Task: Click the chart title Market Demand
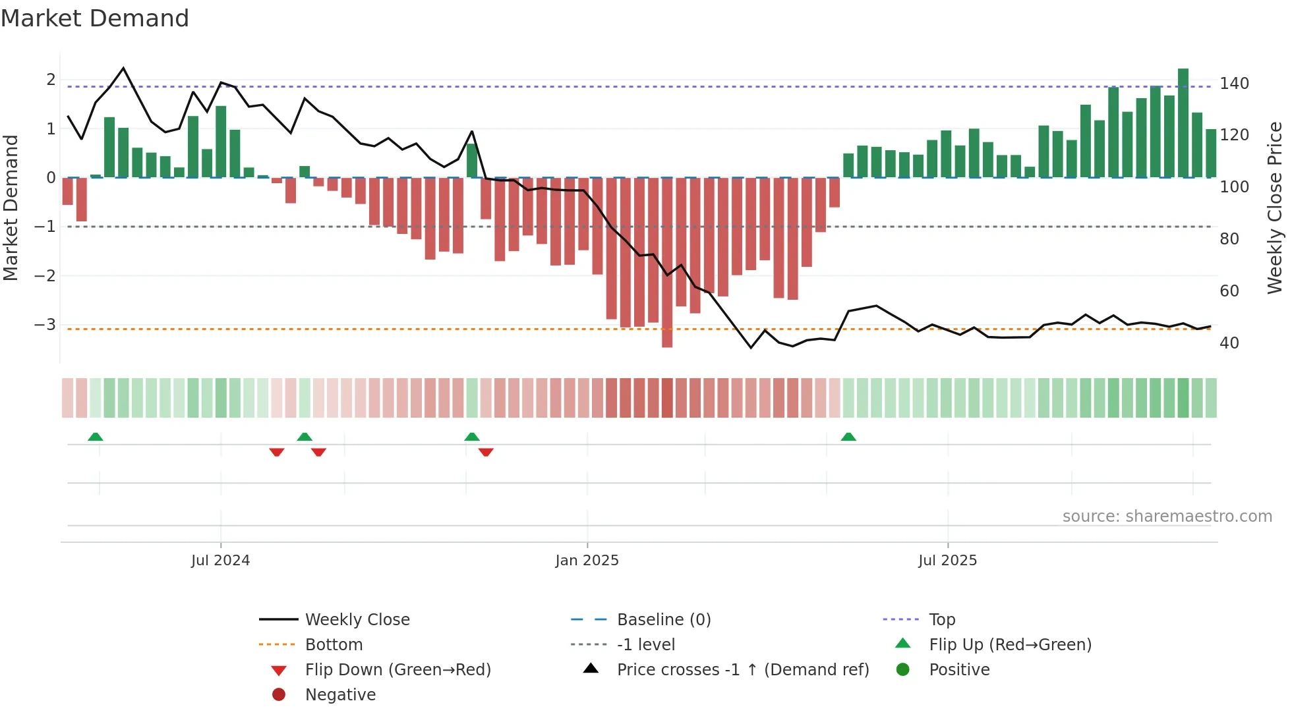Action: click(95, 18)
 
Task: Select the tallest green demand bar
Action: click(1183, 123)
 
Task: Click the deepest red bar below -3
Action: click(667, 264)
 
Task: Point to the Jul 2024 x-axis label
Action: click(220, 561)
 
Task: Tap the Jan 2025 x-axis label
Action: click(587, 561)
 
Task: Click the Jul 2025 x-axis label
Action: click(947, 561)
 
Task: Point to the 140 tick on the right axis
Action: click(1234, 84)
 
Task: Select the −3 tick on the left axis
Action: click(45, 325)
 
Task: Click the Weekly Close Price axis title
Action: click(1275, 208)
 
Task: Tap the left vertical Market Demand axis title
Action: click(11, 208)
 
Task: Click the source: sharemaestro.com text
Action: click(1167, 517)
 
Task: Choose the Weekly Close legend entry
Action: click(357, 620)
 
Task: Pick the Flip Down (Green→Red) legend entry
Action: click(397, 670)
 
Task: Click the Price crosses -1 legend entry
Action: click(742, 670)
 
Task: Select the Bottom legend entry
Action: click(334, 645)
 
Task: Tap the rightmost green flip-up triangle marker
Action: click(848, 437)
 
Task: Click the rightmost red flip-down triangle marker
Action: click(486, 452)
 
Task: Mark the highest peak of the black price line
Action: click(123, 68)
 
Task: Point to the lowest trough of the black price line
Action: click(751, 347)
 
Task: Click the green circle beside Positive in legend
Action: click(903, 670)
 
